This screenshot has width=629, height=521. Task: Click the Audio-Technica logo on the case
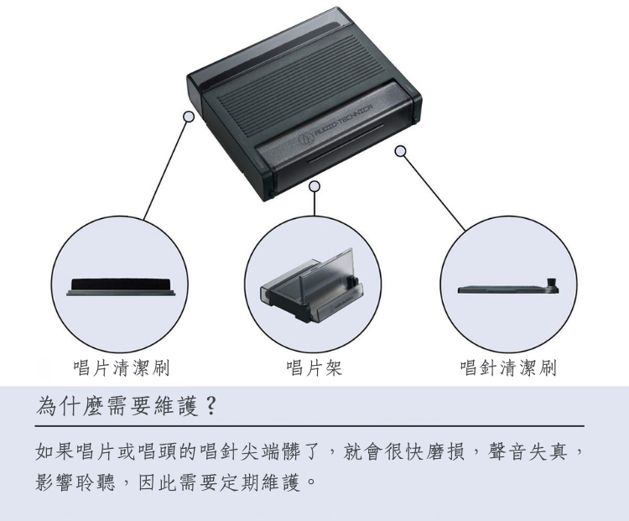coord(304,135)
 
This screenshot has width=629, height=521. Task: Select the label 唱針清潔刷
coord(508,367)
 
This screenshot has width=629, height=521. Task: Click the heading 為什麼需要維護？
coord(127,406)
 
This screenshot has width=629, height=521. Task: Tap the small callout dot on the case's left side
coord(189,117)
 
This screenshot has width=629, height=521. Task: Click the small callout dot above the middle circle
coord(314,185)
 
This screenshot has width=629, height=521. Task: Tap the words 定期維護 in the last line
coord(260,484)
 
